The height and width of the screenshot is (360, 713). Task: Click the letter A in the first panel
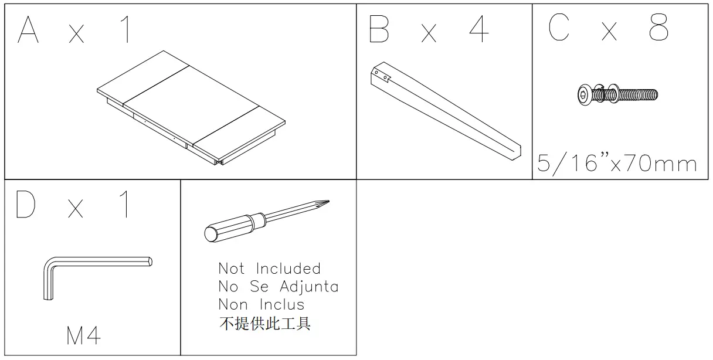pyautogui.click(x=28, y=30)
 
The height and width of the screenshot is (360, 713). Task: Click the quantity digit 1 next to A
pyautogui.click(x=125, y=30)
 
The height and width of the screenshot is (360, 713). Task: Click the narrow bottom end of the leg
pyautogui.click(x=514, y=149)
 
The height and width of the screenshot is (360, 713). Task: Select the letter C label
pyautogui.click(x=559, y=28)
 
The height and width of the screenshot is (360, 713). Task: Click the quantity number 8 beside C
pyautogui.click(x=658, y=28)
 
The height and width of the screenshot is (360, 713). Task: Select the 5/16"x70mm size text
pyautogui.click(x=617, y=164)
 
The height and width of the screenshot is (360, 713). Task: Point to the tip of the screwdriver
pyautogui.click(x=326, y=203)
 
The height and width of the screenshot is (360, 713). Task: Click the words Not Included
pyautogui.click(x=270, y=269)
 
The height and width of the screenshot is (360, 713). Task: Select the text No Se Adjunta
pyautogui.click(x=279, y=287)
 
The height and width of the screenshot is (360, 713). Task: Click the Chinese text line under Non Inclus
pyautogui.click(x=264, y=323)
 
